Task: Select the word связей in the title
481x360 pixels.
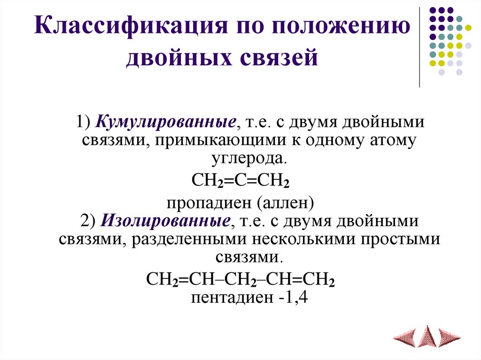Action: pyautogui.click(x=281, y=59)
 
